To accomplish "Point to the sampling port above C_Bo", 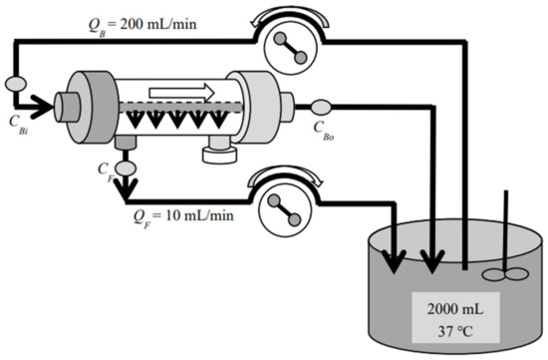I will tap(322, 107).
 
